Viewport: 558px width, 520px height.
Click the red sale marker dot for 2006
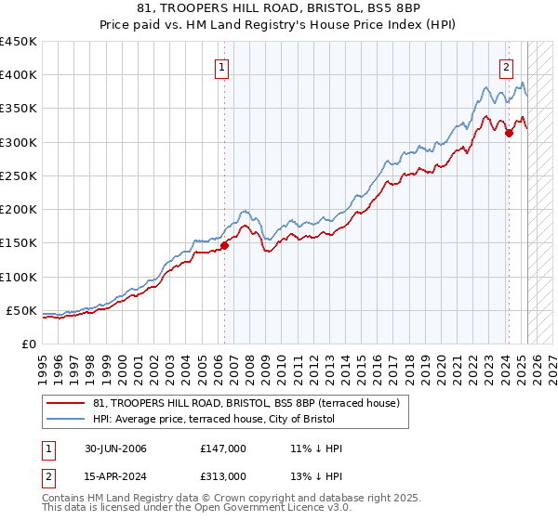coord(224,245)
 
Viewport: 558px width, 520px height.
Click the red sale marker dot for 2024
coord(509,134)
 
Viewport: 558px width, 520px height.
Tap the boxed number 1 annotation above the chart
coord(224,66)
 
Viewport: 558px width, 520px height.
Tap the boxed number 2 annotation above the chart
coord(507,66)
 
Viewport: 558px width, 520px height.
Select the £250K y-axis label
coord(18,175)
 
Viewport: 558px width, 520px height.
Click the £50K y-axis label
coord(21,310)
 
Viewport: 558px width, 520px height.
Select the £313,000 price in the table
coord(222,475)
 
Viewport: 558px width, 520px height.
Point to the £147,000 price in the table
coord(222,448)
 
